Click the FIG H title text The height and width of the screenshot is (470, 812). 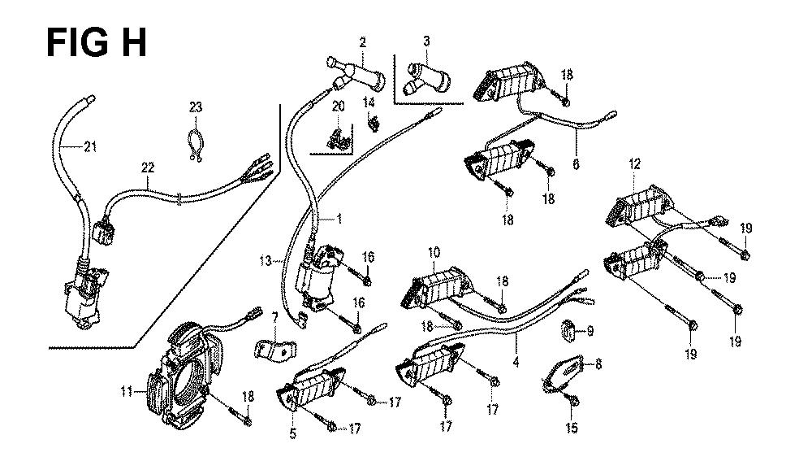click(x=97, y=42)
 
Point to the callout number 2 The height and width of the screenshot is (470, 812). click(x=363, y=41)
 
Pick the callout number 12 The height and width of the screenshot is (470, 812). click(x=633, y=164)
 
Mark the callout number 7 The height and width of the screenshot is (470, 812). click(x=274, y=316)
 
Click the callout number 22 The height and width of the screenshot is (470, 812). click(x=147, y=168)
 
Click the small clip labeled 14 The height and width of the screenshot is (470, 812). click(x=374, y=124)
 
